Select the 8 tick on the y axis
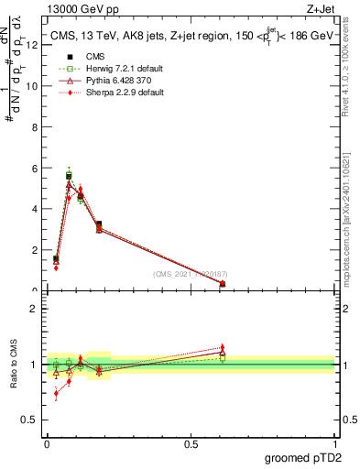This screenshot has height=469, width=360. [x=35, y=127]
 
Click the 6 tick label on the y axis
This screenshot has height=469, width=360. [x=35, y=169]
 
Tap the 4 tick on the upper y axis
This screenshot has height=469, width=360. [x=35, y=209]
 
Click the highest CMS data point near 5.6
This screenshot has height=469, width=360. [x=69, y=175]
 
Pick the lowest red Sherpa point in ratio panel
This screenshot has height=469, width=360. [x=57, y=393]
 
